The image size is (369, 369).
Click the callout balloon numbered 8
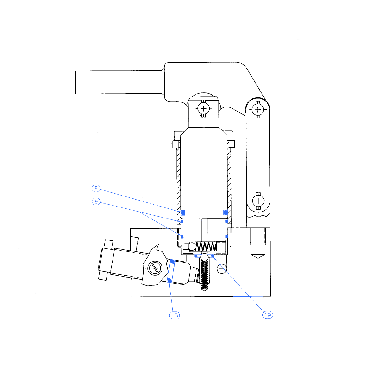point(96,188)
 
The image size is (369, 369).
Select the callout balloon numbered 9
point(96,202)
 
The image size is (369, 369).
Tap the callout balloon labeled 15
point(175,315)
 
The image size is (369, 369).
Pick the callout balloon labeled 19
point(267,315)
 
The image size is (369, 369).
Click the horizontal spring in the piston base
point(206,247)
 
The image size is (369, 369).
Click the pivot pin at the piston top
point(204,109)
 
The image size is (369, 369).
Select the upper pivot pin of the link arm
point(258,110)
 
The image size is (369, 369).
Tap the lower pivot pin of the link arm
point(258,201)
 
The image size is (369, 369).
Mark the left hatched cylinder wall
point(179,182)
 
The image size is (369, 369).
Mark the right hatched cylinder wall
point(229,182)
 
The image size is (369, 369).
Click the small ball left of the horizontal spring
point(192,246)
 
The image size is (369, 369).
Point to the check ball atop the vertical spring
point(204,257)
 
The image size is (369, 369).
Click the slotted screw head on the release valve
point(155,268)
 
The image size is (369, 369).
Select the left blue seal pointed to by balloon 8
point(183,213)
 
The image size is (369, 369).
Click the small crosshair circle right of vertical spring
point(222,269)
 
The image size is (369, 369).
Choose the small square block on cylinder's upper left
point(176,144)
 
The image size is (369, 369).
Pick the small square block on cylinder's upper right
point(232,144)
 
